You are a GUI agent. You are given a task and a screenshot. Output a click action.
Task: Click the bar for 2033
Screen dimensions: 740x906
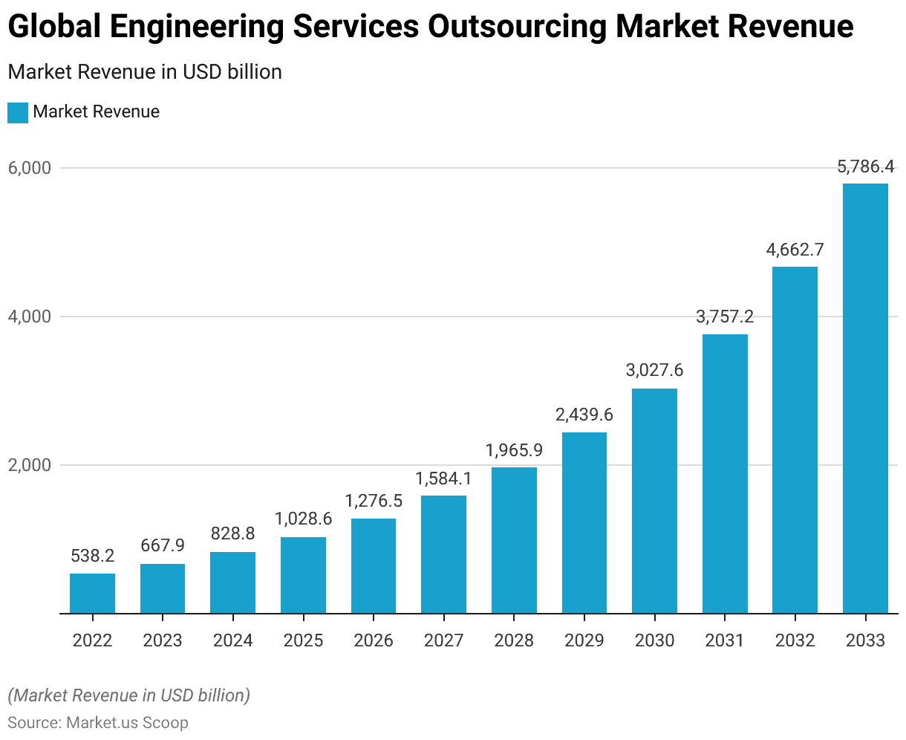click(865, 398)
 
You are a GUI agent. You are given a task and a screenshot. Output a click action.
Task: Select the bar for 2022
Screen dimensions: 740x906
click(92, 594)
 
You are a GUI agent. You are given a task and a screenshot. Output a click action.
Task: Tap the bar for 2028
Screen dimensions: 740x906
click(514, 540)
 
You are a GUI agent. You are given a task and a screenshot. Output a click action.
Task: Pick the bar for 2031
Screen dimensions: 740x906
click(725, 474)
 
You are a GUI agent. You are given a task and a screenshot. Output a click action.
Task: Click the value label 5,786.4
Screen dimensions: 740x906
click(866, 167)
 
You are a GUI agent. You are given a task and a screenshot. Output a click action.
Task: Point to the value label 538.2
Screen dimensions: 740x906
click(92, 556)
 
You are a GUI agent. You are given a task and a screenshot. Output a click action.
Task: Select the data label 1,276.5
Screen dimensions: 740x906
click(374, 501)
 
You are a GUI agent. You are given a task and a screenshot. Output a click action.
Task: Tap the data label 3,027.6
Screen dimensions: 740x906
click(654, 370)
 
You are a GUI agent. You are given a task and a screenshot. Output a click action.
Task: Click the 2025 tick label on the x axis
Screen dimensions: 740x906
click(303, 640)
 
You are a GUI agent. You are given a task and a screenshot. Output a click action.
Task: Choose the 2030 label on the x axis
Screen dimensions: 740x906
click(654, 640)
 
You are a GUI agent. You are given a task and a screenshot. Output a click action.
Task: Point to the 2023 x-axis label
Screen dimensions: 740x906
click(163, 640)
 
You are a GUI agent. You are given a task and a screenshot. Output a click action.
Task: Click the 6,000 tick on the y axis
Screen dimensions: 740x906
click(29, 168)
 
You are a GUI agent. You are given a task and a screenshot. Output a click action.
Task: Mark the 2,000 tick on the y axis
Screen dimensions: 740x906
click(29, 465)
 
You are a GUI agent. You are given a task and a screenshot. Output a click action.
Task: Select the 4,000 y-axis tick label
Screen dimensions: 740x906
click(29, 317)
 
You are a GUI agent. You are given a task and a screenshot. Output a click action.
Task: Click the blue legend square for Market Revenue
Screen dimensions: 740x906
click(18, 113)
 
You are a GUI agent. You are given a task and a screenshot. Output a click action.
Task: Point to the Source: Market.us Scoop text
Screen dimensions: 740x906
click(98, 722)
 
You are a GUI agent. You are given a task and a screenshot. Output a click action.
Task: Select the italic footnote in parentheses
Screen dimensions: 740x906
click(128, 695)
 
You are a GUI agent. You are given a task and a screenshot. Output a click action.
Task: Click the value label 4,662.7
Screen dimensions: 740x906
click(795, 250)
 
